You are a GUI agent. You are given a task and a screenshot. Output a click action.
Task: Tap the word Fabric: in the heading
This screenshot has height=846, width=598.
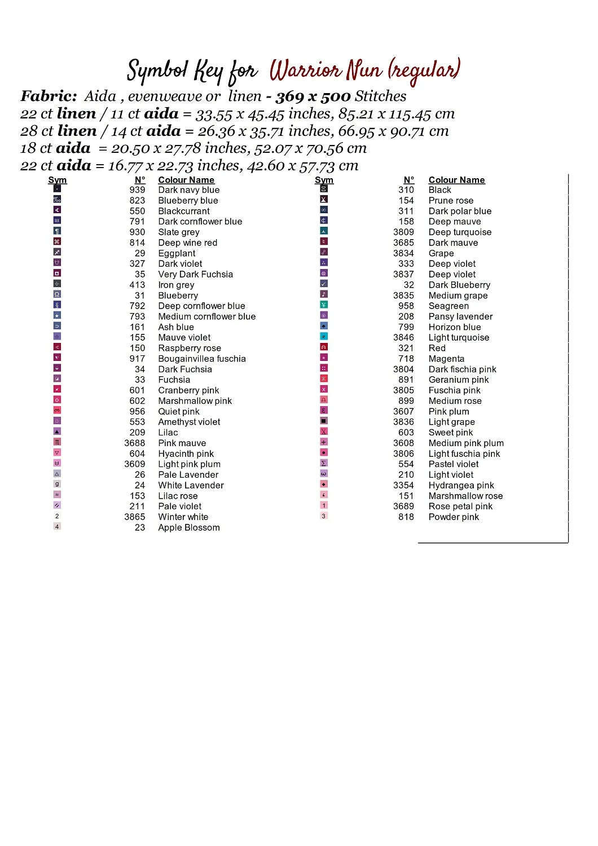[49, 96]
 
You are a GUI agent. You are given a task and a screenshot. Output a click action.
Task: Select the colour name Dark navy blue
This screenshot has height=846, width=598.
[188, 190]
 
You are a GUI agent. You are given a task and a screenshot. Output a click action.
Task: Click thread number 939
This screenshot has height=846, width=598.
[137, 190]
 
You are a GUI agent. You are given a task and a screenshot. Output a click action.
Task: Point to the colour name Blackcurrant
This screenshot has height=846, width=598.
[183, 211]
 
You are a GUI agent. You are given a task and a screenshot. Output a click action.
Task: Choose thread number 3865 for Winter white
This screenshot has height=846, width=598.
[135, 517]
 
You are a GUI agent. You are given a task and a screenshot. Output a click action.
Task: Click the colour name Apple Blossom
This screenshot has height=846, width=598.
[188, 527]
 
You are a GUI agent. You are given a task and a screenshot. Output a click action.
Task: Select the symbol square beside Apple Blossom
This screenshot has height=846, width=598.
[57, 527]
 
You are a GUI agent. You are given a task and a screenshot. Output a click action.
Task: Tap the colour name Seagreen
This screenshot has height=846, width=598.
[448, 306]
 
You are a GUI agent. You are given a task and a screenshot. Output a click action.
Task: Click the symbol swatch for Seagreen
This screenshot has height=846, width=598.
[324, 305]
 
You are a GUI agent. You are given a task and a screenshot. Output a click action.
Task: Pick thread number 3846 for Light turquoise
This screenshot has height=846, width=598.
[403, 337]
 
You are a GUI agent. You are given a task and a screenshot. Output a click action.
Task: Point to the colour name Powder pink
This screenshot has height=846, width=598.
[454, 517]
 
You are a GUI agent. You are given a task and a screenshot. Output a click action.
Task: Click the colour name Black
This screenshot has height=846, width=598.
[439, 190]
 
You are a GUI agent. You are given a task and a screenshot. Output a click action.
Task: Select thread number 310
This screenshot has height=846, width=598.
[406, 190]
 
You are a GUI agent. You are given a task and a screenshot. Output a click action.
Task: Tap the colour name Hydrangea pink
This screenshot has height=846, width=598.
[461, 485]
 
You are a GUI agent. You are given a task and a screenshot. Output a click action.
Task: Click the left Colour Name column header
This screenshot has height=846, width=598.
[186, 180]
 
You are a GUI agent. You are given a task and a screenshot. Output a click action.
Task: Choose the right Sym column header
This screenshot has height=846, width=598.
[324, 180]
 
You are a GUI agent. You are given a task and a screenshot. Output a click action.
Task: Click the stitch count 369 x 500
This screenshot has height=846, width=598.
[313, 96]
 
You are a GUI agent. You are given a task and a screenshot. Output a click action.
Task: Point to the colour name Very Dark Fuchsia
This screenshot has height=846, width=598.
[195, 274]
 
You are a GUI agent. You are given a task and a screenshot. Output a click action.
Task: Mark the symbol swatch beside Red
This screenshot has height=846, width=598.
[324, 347]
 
